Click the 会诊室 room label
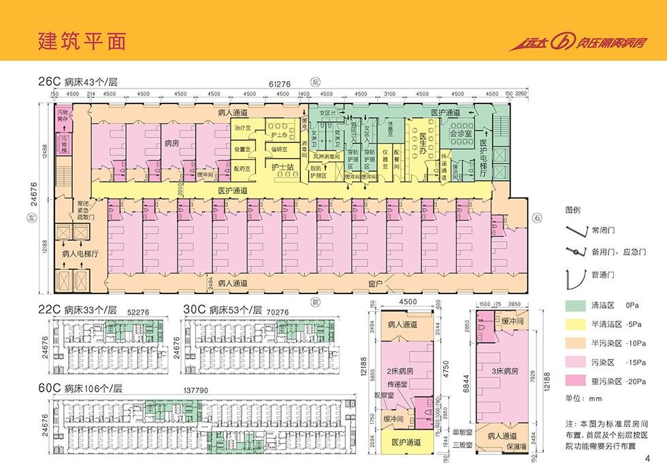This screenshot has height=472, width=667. [461, 134]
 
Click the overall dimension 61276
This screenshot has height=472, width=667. [280, 84]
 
